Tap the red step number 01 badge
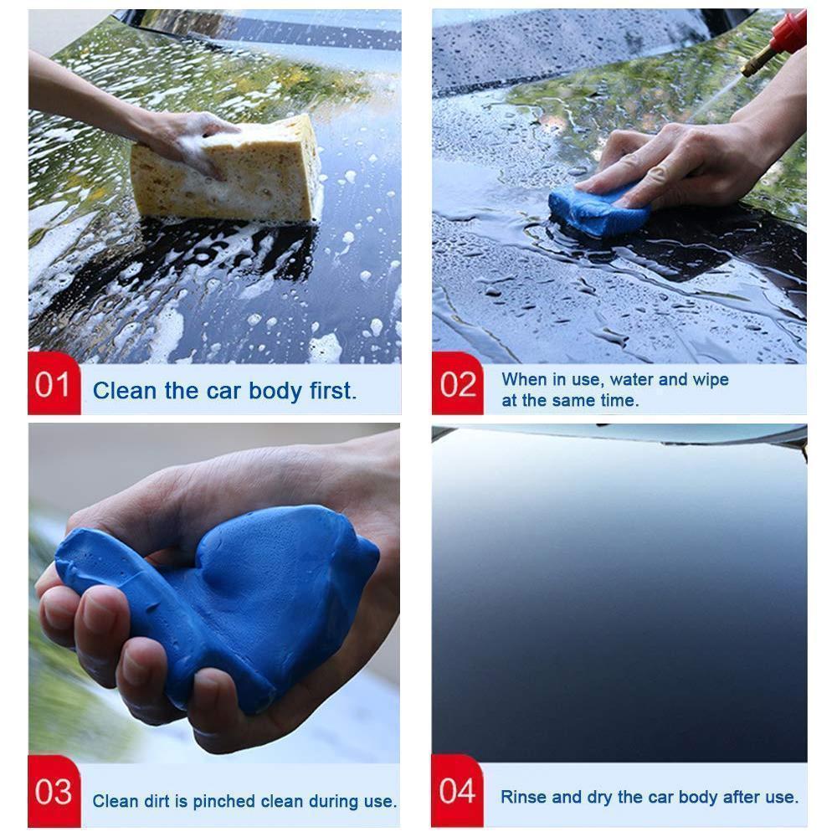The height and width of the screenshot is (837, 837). pyautogui.click(x=54, y=386)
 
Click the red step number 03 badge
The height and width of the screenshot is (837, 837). pyautogui.click(x=54, y=792)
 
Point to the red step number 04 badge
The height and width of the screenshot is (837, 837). pyautogui.click(x=458, y=791)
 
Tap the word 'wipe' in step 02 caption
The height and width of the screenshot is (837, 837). pyautogui.click(x=708, y=379)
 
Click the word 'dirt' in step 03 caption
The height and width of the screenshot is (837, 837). pyautogui.click(x=160, y=801)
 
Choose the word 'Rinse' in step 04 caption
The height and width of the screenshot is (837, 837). pyautogui.click(x=523, y=797)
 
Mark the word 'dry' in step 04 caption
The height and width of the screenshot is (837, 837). pyautogui.click(x=599, y=797)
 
